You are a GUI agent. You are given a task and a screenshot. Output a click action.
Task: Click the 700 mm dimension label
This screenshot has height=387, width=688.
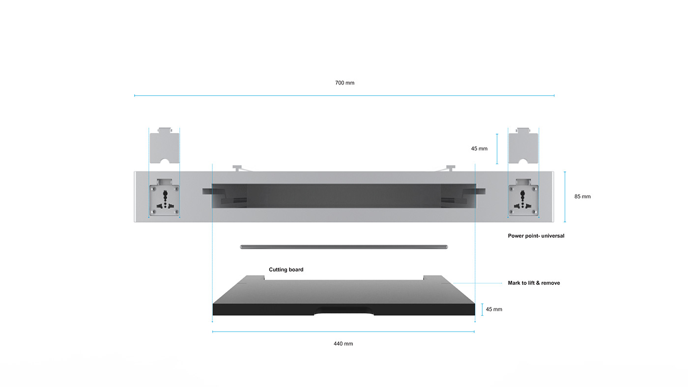344,83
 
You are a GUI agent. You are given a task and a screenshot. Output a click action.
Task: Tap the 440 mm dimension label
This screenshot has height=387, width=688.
343,344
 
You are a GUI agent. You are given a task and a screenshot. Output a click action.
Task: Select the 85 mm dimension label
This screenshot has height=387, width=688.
582,196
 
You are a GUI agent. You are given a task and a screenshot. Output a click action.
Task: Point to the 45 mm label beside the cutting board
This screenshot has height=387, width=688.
494,309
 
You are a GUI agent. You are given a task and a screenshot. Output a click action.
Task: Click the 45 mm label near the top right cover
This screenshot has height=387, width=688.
479,148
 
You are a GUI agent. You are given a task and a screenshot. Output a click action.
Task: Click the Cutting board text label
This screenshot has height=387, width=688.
286,270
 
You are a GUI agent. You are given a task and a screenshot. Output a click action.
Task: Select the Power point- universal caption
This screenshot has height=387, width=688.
536,236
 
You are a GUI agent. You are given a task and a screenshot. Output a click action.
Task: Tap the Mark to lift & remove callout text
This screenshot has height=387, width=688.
534,283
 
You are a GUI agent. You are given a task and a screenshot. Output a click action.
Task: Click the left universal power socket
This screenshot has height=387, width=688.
165,200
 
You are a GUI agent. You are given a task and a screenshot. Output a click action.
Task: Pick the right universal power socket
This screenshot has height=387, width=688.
523,200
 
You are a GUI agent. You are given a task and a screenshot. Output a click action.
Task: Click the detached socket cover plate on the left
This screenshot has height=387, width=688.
165,146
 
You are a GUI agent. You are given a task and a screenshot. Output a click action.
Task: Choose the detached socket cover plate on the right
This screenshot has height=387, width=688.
523,146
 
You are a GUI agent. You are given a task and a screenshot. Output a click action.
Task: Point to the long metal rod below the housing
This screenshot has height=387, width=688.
344,247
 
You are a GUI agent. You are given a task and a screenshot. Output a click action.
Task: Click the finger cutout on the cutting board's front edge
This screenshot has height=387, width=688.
344,310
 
